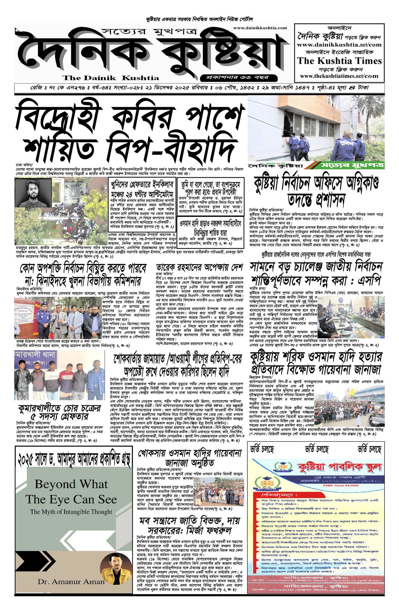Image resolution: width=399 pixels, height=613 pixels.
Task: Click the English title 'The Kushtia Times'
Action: pyautogui.click(x=339, y=61)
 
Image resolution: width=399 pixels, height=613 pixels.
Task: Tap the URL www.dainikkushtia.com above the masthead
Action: pyautogui.click(x=260, y=28)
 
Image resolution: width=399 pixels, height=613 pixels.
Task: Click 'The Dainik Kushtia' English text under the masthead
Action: pyautogui.click(x=111, y=78)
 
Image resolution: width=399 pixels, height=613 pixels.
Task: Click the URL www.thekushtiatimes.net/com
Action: pyautogui.click(x=339, y=76)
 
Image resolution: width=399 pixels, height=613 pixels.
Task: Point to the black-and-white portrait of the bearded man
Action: pyautogui.click(x=33, y=193)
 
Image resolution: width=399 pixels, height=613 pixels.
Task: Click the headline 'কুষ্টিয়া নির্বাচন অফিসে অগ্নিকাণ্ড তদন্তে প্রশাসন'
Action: pyautogui.click(x=316, y=190)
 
